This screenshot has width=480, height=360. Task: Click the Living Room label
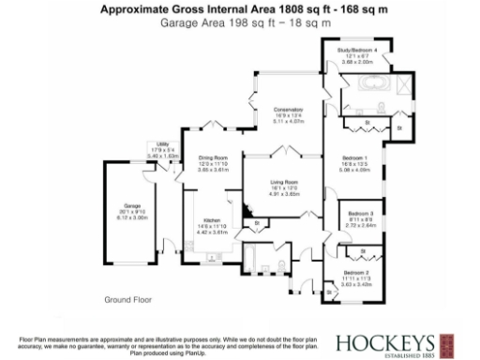click(x=284, y=182)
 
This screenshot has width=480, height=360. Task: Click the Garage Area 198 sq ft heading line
click(x=239, y=20)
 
